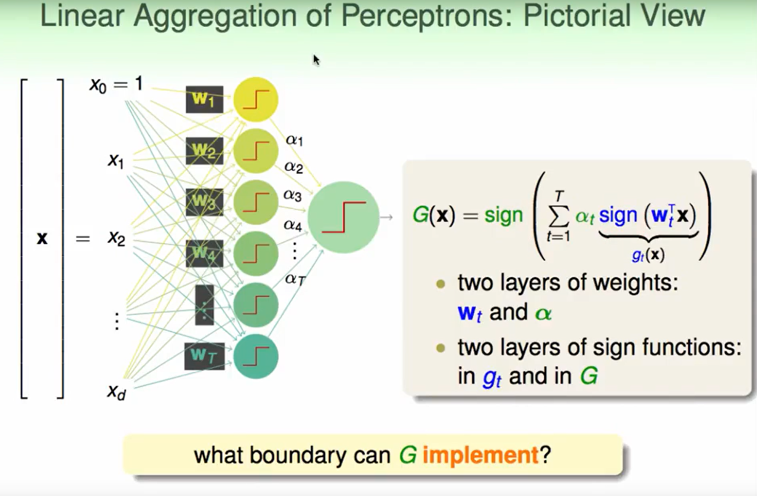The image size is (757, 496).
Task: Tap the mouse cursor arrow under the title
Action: point(316,60)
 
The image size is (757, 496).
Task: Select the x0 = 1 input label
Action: point(116,84)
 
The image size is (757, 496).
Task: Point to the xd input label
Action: point(117,393)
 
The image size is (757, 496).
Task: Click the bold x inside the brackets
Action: point(42,238)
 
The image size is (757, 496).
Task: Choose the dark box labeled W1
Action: point(204,99)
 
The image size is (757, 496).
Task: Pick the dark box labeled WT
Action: point(204,356)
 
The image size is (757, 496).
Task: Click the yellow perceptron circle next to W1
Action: point(256,100)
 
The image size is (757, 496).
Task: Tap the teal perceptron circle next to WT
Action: point(256,356)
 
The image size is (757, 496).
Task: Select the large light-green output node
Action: point(343,217)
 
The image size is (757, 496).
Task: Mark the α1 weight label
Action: point(294,140)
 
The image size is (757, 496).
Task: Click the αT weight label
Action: point(295,278)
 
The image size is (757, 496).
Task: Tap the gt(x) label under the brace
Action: point(648,255)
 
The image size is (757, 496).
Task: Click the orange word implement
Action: point(480,455)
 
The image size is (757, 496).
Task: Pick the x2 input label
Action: point(116,238)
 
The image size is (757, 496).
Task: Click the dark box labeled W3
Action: point(204,202)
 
